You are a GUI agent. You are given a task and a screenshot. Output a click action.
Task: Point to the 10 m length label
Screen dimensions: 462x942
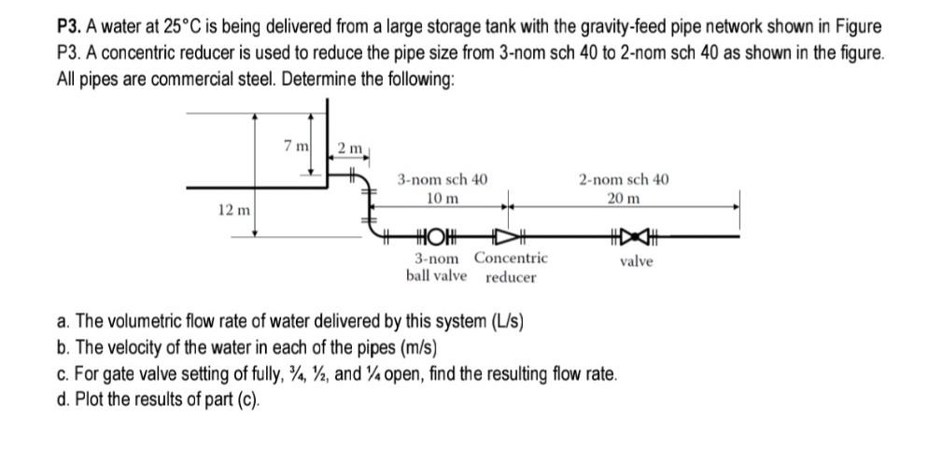click(x=442, y=198)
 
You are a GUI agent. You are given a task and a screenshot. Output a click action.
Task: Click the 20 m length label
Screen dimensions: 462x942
click(x=623, y=198)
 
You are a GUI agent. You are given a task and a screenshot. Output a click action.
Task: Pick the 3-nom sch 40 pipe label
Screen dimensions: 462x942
click(x=442, y=179)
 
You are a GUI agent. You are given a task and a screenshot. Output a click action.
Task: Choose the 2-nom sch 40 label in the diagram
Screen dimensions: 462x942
click(x=623, y=179)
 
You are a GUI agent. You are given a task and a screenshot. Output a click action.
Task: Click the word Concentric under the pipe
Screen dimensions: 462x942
click(x=511, y=258)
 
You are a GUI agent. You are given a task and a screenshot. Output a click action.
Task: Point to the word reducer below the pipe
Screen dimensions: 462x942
click(x=511, y=277)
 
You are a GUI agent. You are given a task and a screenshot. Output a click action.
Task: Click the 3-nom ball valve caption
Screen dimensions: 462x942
click(x=437, y=267)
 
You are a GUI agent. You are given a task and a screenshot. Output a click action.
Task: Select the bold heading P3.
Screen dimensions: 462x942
click(x=67, y=27)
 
